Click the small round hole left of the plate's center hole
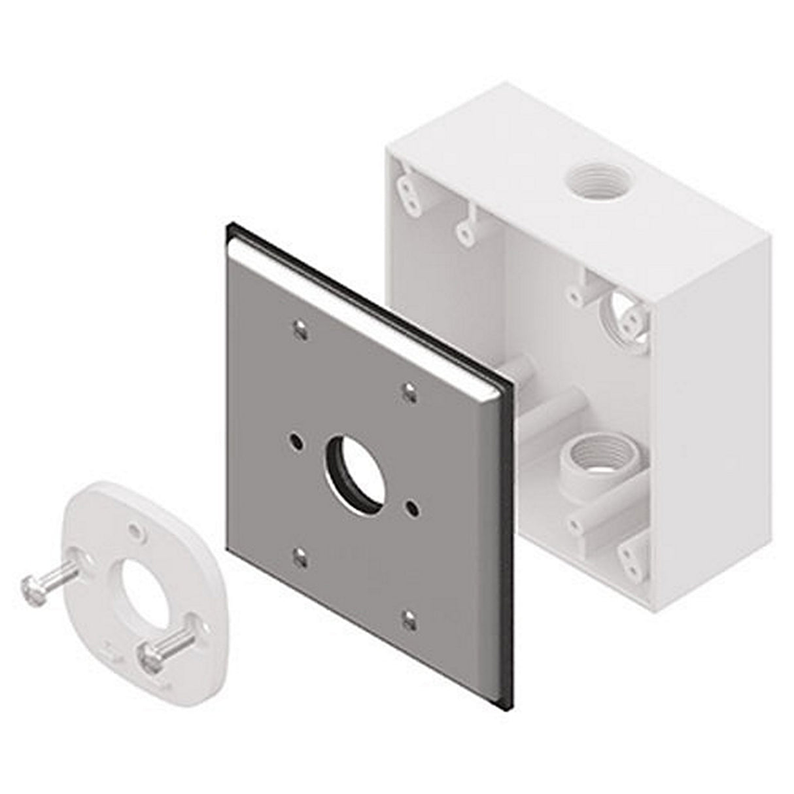click(297, 441)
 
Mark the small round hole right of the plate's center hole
click(412, 506)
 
